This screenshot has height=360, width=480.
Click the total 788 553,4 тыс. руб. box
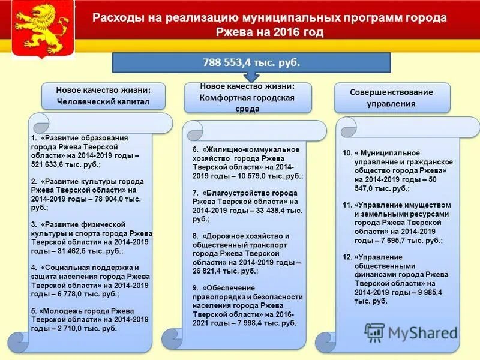click(x=251, y=62)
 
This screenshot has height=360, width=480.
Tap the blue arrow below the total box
click(x=251, y=77)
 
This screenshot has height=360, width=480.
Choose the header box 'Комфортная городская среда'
click(x=247, y=97)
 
